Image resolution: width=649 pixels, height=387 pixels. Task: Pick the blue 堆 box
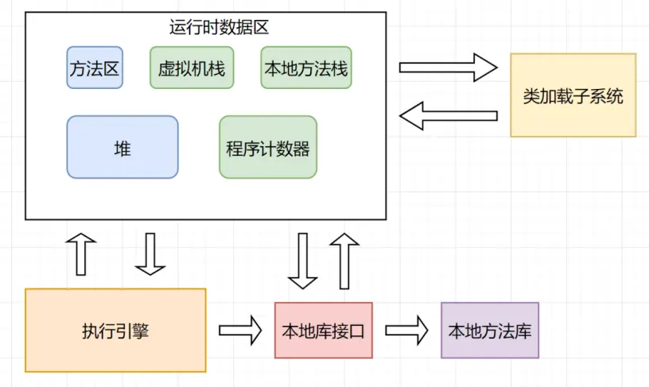122,147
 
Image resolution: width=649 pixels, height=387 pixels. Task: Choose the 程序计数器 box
268,147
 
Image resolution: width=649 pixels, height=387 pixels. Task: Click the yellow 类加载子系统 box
573,95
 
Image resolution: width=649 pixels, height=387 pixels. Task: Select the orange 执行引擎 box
115,330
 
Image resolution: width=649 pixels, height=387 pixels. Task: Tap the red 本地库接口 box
323,331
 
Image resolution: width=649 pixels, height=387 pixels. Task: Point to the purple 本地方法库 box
490,331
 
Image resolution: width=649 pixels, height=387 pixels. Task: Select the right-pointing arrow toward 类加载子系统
448,68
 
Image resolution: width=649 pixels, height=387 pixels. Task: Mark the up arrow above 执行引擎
82,254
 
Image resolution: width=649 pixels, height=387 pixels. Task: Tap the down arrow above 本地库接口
303,260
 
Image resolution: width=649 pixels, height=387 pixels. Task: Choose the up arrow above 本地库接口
344,260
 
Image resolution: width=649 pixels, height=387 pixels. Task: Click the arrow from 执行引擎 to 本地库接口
240,330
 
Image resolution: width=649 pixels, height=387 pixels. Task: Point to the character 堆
122,148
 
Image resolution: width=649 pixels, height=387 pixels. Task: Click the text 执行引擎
115,331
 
